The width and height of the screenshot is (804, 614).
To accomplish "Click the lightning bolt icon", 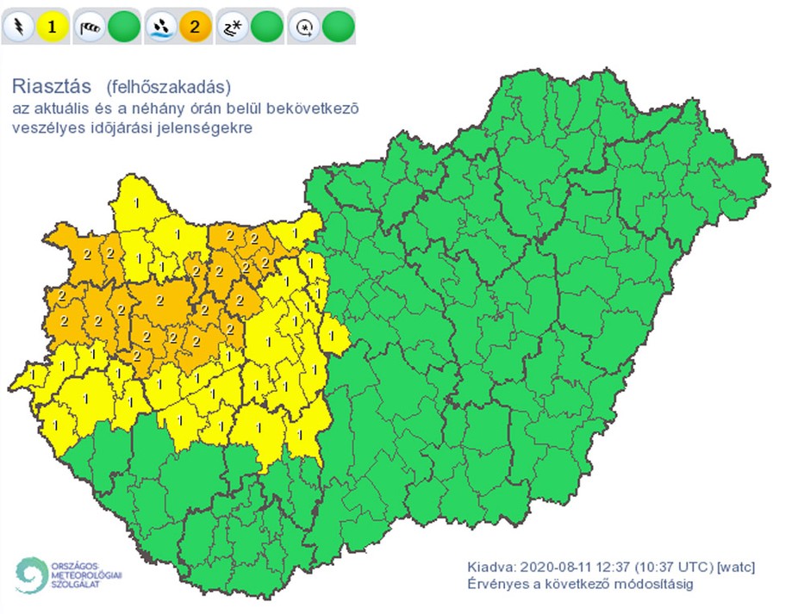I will (17, 27).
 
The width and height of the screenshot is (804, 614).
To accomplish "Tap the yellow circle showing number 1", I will (52, 27).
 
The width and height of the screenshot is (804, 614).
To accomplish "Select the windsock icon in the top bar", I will (90, 27).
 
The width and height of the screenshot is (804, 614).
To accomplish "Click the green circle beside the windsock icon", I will (124, 27).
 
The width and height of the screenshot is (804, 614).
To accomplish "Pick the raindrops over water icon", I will (160, 27).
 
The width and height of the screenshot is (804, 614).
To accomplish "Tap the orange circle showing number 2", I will (196, 27).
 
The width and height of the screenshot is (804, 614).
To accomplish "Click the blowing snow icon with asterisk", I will (232, 27).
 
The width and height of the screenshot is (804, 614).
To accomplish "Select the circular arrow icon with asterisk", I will (303, 27).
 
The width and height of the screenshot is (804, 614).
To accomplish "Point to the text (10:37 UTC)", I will (674, 567).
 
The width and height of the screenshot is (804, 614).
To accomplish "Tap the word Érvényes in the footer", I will (495, 585).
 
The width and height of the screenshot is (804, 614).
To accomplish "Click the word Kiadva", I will (489, 567).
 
